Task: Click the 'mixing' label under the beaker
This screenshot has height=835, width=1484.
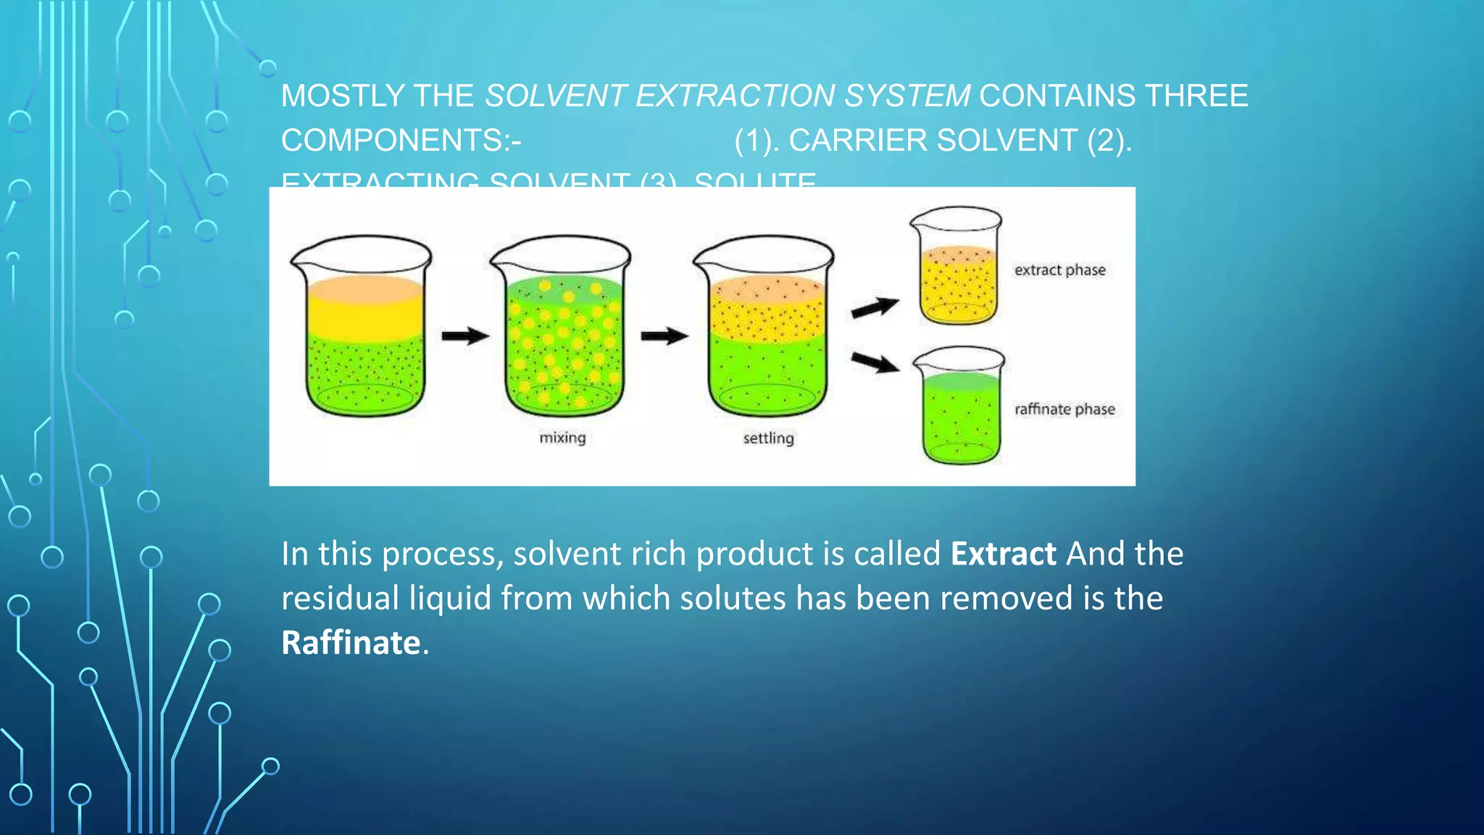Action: (562, 438)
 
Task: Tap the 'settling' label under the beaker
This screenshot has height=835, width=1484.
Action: (768, 438)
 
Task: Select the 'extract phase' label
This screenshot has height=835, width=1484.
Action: (1059, 270)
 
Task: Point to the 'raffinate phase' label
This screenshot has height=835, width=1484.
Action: (1064, 409)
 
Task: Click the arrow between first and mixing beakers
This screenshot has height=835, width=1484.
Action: (465, 336)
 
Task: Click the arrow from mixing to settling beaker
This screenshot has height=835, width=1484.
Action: (664, 336)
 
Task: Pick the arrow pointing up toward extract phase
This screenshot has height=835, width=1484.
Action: (875, 308)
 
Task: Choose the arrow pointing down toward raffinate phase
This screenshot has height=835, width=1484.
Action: (875, 362)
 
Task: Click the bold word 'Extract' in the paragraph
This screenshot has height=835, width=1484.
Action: (1003, 554)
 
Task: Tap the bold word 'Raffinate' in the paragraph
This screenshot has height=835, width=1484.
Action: (351, 643)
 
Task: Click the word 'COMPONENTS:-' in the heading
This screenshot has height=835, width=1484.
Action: (401, 141)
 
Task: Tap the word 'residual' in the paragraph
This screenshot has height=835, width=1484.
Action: (340, 599)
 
